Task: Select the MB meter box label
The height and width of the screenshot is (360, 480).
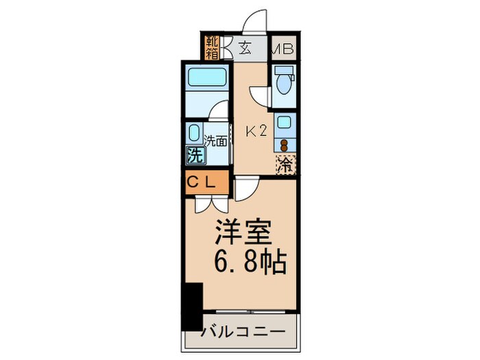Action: pos(284,49)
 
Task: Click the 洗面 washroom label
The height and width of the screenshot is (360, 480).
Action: pos(216,142)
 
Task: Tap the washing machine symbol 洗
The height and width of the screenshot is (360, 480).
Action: pos(195,155)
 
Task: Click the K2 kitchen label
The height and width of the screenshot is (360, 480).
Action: pos(256,132)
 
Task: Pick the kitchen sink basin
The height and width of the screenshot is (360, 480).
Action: pos(283,123)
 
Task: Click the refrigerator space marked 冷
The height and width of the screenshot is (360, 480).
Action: pos(285,165)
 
